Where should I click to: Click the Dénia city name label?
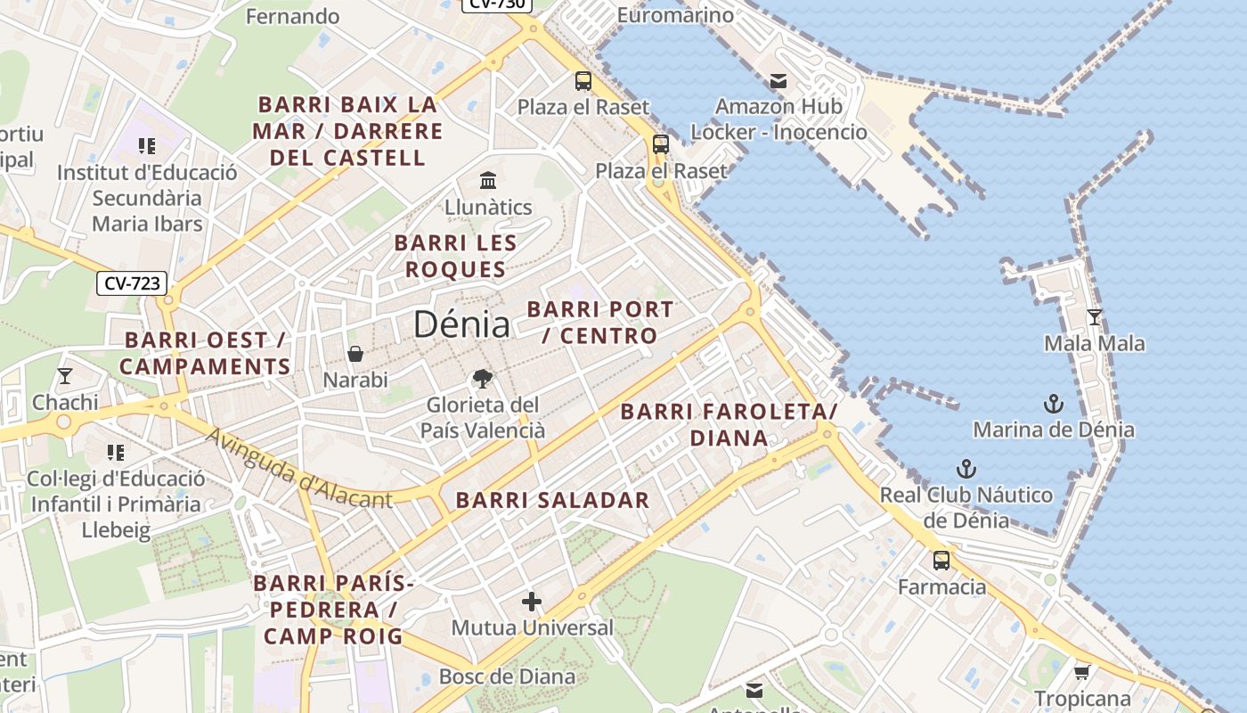tap(461, 324)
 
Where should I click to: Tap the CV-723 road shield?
tap(132, 283)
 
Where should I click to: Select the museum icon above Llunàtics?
tap(488, 181)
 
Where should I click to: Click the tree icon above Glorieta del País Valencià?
tap(482, 379)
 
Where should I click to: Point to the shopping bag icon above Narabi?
tap(355, 354)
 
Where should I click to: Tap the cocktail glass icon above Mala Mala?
tap(1095, 316)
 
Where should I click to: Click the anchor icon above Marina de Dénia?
tap(1054, 404)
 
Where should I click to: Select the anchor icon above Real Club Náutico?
tap(966, 469)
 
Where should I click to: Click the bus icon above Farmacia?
tap(941, 561)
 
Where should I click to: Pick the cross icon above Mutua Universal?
tap(532, 602)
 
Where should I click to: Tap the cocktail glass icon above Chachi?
tap(64, 375)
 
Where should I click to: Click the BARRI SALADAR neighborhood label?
tap(552, 500)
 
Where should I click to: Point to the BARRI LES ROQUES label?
tap(455, 256)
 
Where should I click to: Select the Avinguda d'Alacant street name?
tap(298, 469)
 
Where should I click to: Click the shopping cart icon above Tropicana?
tap(1081, 672)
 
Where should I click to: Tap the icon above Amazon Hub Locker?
tap(778, 81)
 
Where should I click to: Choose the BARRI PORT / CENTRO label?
tap(600, 323)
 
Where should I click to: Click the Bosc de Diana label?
tap(507, 676)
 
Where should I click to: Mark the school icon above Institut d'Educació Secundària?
tap(147, 145)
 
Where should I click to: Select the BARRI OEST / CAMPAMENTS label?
tap(205, 353)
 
